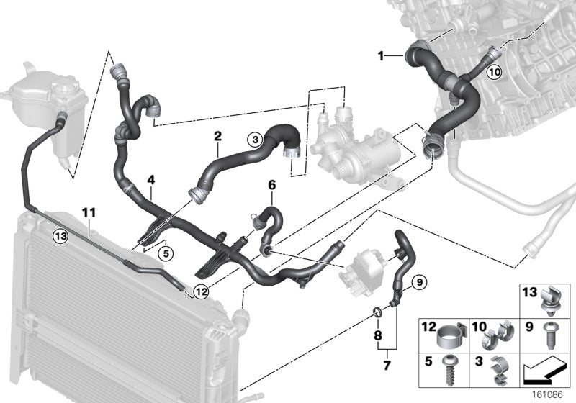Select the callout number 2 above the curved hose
click(x=217, y=135)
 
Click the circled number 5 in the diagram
click(x=165, y=253)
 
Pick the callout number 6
click(x=271, y=185)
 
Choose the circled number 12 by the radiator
click(x=200, y=291)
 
